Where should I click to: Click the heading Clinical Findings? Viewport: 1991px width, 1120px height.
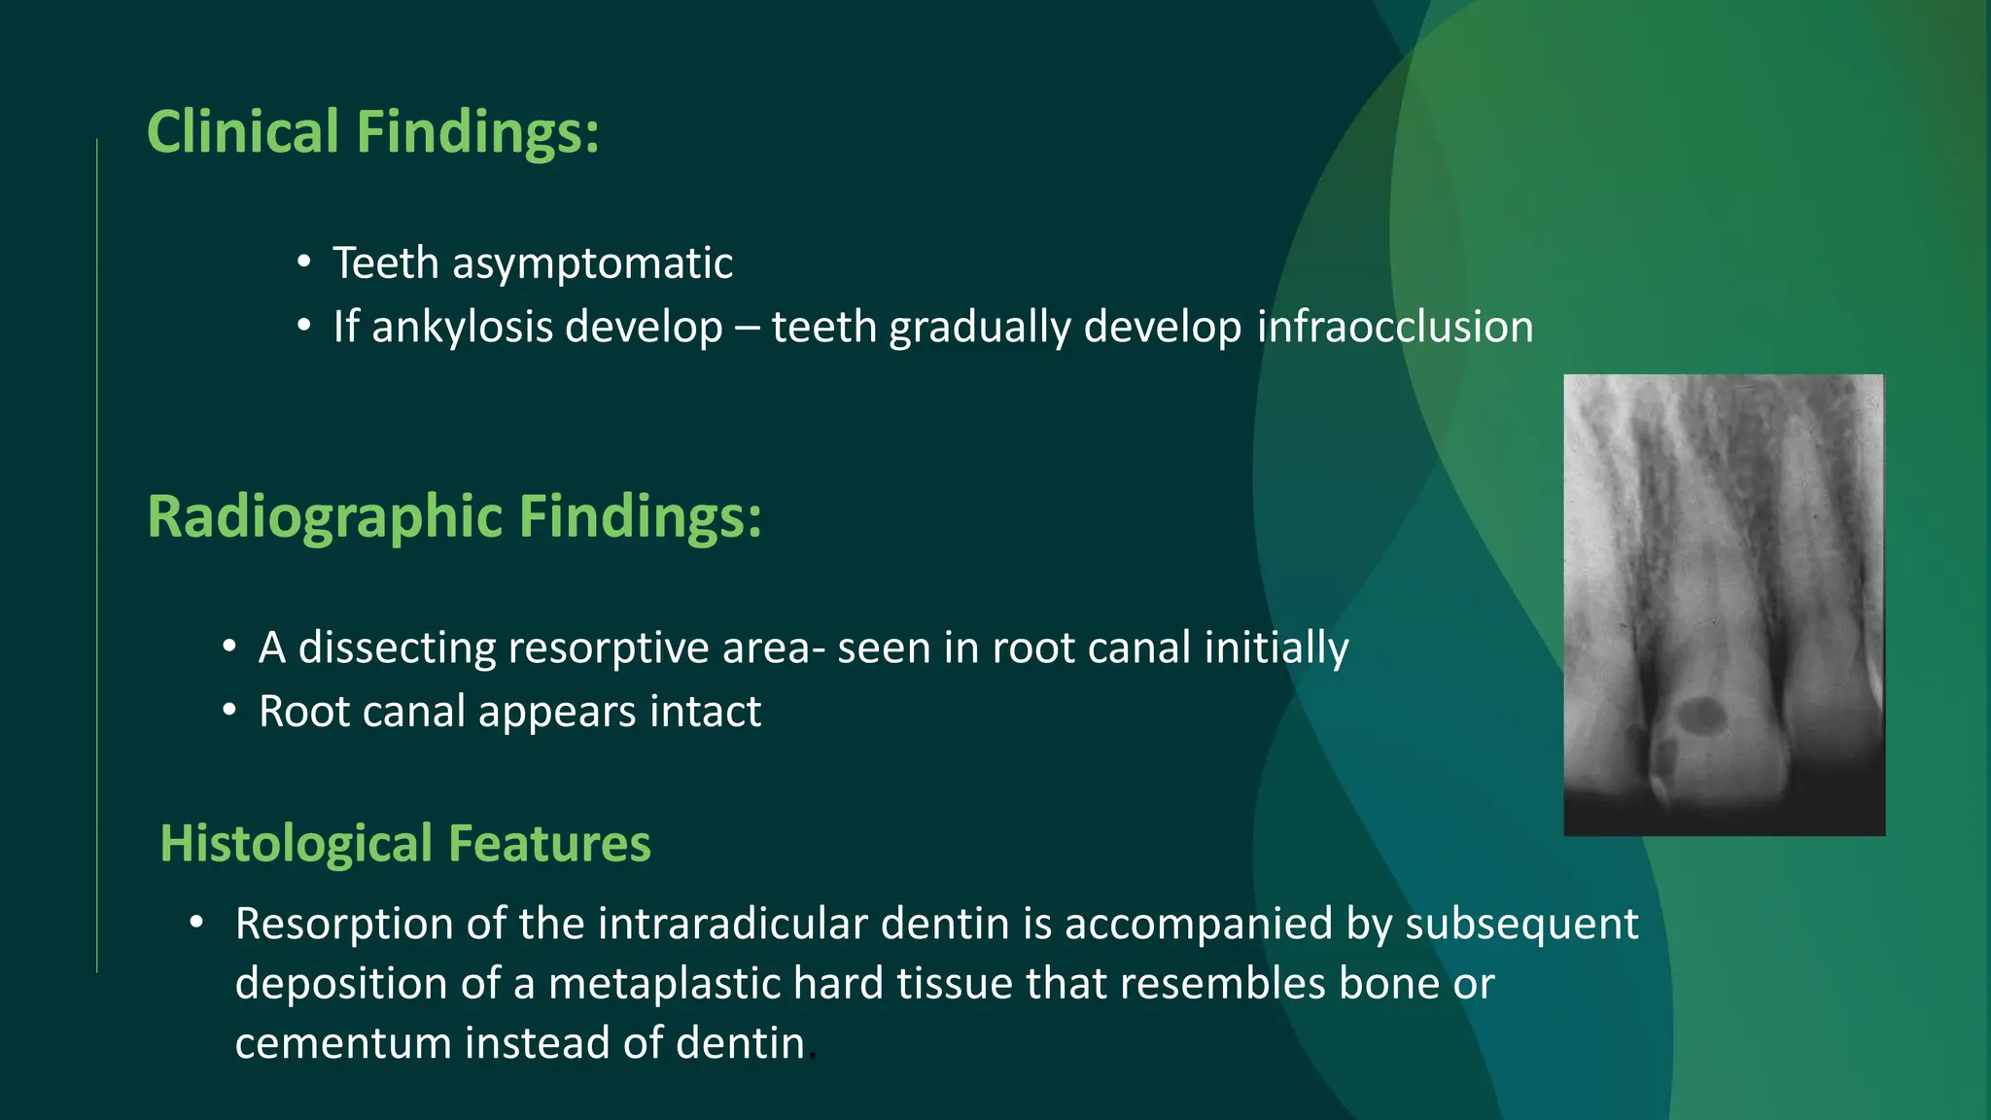[372, 131]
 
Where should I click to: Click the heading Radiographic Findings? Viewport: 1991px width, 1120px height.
[454, 516]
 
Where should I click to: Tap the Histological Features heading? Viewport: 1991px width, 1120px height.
[404, 843]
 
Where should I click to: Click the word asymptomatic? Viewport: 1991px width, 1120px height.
[592, 263]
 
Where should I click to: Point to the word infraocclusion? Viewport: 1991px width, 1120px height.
[1395, 327]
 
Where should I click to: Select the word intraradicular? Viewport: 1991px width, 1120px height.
[733, 924]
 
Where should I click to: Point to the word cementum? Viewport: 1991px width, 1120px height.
[343, 1043]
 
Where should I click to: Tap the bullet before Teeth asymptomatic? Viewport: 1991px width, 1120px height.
[304, 262]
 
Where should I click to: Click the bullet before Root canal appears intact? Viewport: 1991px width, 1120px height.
[228, 711]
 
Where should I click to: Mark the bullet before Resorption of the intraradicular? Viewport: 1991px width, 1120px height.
[196, 922]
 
